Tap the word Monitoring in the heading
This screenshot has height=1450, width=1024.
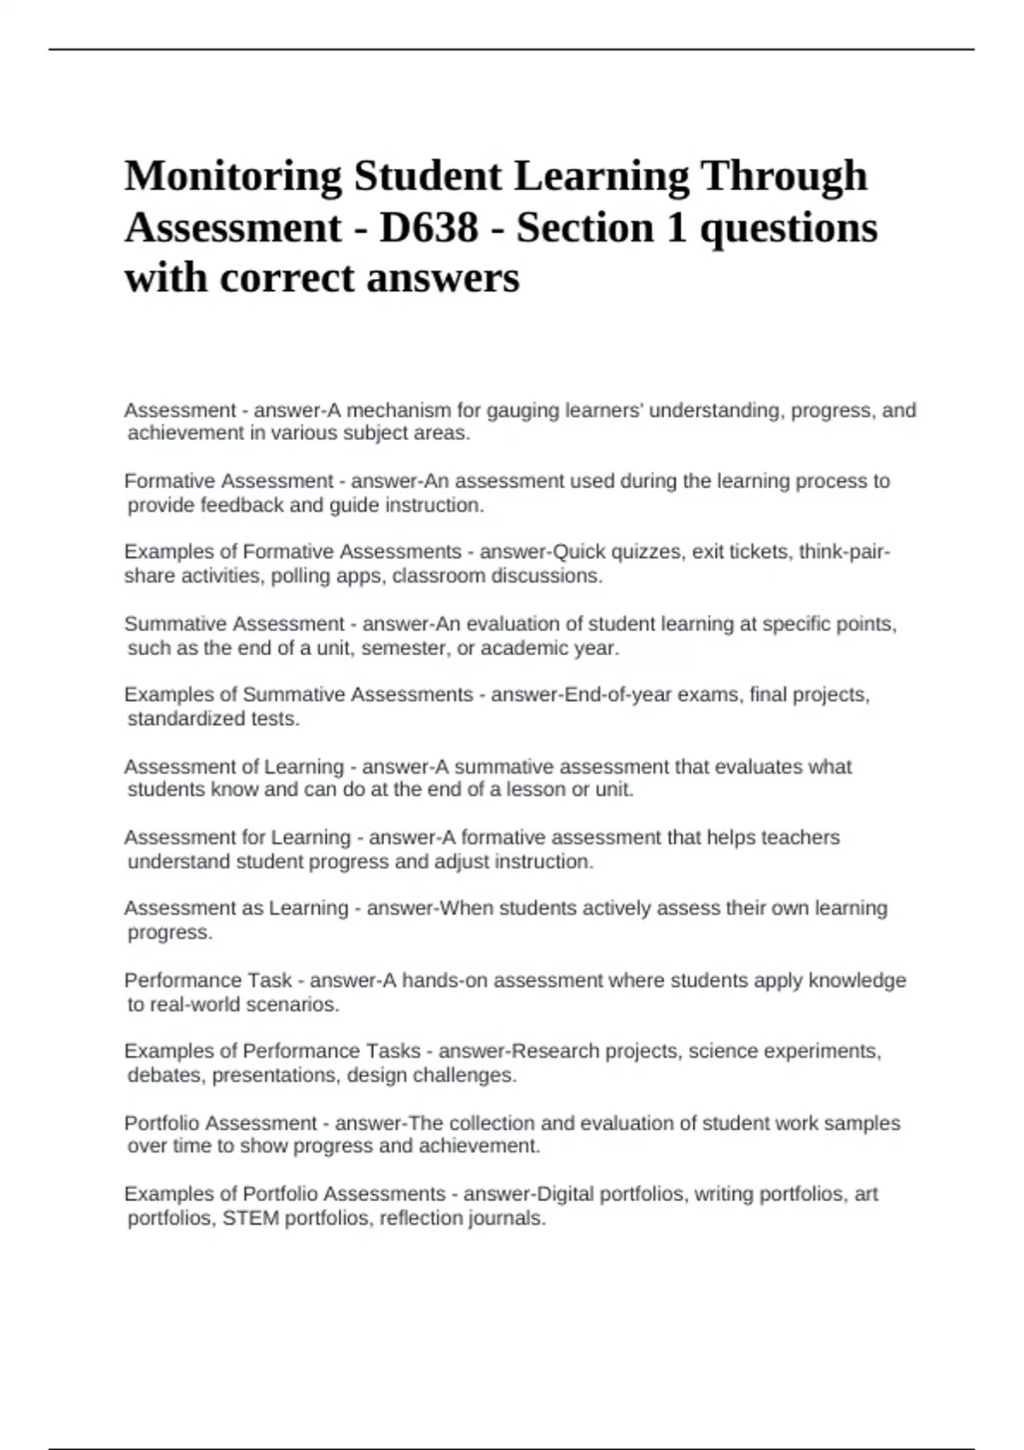coord(232,177)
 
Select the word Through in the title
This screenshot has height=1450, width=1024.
coord(783,177)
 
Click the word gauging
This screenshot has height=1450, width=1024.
coord(521,410)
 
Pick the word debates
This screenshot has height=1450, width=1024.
coord(164,1075)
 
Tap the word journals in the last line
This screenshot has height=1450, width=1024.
coord(509,1218)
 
